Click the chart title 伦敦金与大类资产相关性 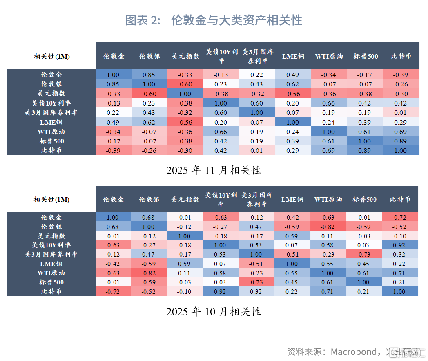click(x=214, y=20)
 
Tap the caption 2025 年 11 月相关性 click(x=214, y=170)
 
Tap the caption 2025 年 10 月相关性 click(x=214, y=312)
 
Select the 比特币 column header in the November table click(x=401, y=56)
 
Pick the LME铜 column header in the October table click(x=292, y=199)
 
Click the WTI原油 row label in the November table click(x=51, y=132)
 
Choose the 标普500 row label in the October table click(x=51, y=282)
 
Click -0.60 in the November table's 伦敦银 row click(x=185, y=84)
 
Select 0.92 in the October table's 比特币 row click(x=221, y=291)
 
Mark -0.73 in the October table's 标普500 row click(x=256, y=282)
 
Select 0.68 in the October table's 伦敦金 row click(x=149, y=217)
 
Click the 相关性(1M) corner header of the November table click(x=51, y=56)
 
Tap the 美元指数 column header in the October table click(x=185, y=199)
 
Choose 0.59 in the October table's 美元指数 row click(x=292, y=236)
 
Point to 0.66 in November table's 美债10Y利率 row click(x=329, y=103)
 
